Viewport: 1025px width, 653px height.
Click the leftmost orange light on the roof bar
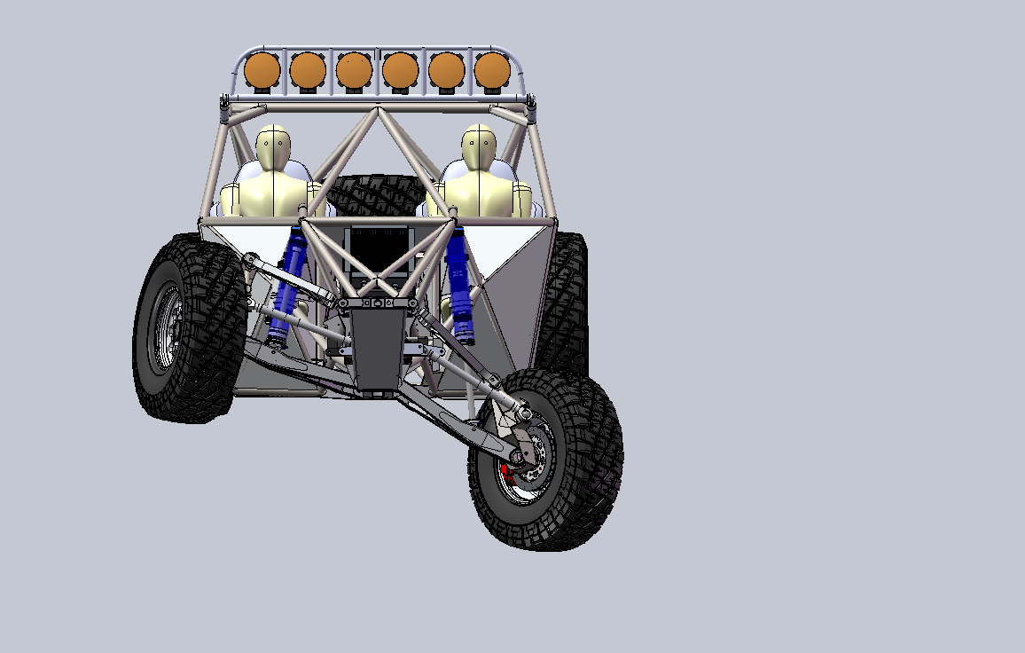262,70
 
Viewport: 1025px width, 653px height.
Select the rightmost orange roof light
492,70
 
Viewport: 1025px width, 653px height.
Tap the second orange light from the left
308,70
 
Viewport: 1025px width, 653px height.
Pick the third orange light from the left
354,70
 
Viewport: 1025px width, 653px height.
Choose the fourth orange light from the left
400,70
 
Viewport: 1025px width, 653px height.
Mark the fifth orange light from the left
446,70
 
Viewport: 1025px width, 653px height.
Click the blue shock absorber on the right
458,284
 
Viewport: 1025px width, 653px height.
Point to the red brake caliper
505,470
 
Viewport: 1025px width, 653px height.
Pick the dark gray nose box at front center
378,346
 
